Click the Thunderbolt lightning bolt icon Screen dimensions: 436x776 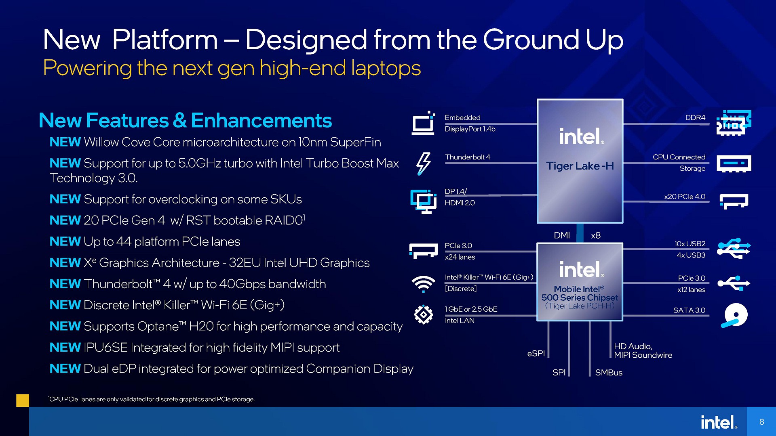click(423, 163)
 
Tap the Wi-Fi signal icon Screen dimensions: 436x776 click(423, 283)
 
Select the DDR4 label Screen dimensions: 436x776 click(695, 117)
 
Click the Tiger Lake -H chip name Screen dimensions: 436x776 click(580, 166)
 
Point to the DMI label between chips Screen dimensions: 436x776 click(562, 235)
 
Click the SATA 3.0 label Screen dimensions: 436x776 click(689, 310)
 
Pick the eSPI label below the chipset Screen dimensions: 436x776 click(536, 353)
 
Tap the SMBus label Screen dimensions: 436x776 click(609, 373)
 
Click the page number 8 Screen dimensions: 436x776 click(762, 422)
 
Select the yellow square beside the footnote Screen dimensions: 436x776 click(23, 400)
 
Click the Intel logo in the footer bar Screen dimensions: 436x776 click(719, 422)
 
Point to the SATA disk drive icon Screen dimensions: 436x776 click(734, 315)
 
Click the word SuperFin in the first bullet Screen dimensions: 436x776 click(356, 142)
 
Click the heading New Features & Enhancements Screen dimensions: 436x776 click(185, 120)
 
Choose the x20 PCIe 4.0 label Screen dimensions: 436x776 click(685, 197)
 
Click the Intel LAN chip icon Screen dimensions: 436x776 click(423, 314)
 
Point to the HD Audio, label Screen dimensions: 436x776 click(633, 346)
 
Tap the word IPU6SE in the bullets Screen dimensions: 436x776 click(105, 348)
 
